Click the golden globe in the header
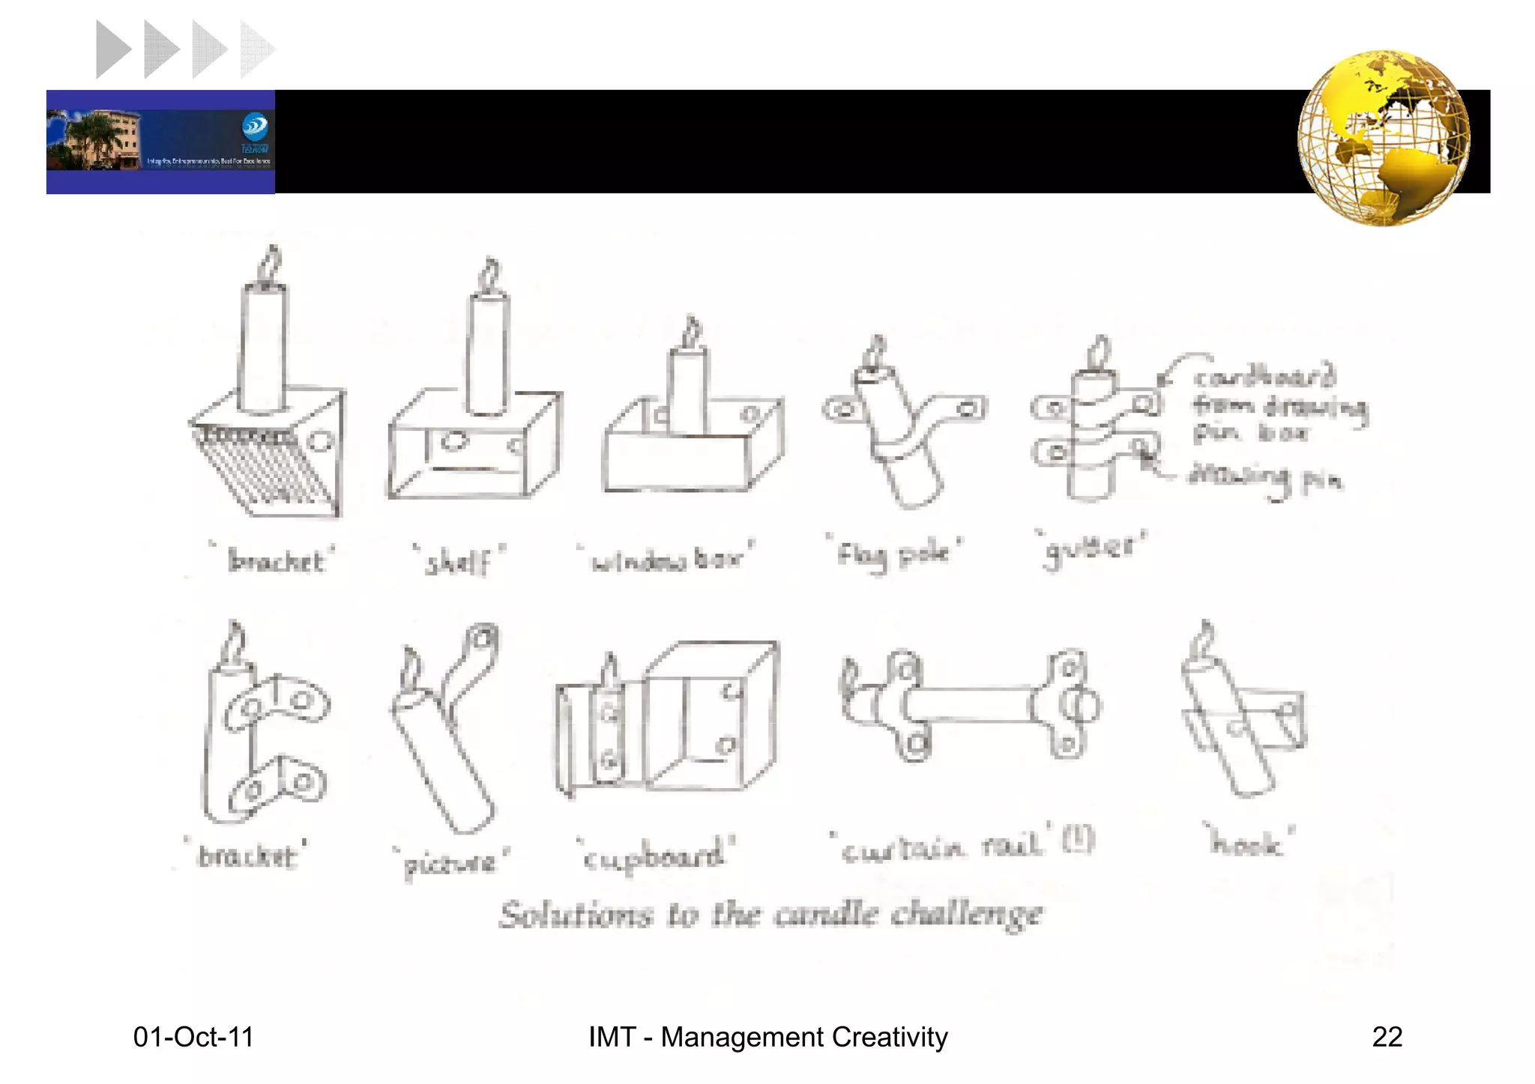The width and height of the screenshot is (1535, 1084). click(1384, 139)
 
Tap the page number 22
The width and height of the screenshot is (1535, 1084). click(1387, 1037)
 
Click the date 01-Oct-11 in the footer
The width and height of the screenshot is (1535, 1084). click(193, 1037)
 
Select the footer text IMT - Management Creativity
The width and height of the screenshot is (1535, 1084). click(767, 1037)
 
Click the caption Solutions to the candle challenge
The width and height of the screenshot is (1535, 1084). click(770, 915)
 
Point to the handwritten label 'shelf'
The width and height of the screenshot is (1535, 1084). click(459, 561)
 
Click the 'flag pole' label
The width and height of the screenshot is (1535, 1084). click(893, 554)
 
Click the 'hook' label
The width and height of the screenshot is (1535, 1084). click(1247, 842)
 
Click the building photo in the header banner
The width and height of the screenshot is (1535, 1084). click(94, 140)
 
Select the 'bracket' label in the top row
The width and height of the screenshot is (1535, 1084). click(275, 560)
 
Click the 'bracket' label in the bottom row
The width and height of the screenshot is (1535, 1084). click(247, 856)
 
